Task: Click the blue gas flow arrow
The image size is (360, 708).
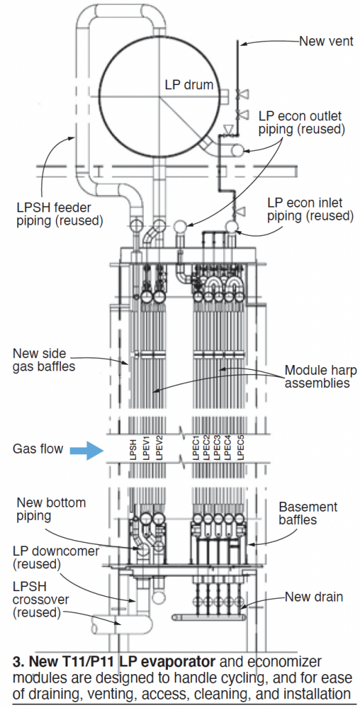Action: pyautogui.click(x=87, y=449)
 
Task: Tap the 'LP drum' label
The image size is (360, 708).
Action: pyautogui.click(x=189, y=84)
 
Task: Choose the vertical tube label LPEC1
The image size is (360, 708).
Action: pyautogui.click(x=197, y=447)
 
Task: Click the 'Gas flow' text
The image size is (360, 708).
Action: pyautogui.click(x=38, y=449)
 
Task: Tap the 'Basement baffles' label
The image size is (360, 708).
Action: pyautogui.click(x=308, y=513)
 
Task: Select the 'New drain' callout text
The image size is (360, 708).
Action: pyautogui.click(x=314, y=597)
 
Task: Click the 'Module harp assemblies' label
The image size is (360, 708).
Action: pyautogui.click(x=320, y=377)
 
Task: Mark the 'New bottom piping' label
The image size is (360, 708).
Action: pyautogui.click(x=51, y=508)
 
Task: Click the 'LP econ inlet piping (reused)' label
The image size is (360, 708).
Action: pyautogui.click(x=310, y=209)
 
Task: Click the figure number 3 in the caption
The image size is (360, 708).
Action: pyautogui.click(x=17, y=662)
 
